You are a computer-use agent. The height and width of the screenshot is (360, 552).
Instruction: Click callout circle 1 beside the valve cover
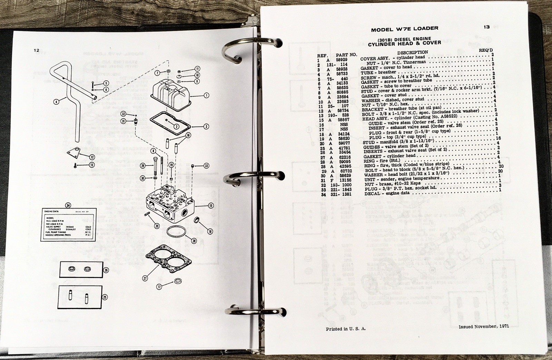[x=206, y=95]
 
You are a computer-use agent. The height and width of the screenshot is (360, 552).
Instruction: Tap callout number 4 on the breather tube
[x=56, y=101]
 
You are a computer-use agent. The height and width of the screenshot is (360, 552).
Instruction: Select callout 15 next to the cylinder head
[x=211, y=206]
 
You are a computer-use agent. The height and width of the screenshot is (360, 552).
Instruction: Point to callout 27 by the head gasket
[x=145, y=277]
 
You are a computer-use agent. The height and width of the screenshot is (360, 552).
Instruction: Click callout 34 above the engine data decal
[x=68, y=206]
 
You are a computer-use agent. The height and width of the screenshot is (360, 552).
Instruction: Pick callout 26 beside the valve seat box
[x=106, y=270]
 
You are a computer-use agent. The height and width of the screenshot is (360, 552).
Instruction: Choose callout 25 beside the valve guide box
[x=105, y=297]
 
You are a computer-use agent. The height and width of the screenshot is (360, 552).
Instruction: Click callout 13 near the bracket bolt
[x=92, y=165]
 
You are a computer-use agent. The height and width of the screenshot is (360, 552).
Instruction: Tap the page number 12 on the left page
[x=37, y=50]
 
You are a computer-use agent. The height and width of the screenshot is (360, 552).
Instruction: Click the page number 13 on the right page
[x=486, y=27]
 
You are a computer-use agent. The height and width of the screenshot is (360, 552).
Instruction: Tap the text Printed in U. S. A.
[x=346, y=329]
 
